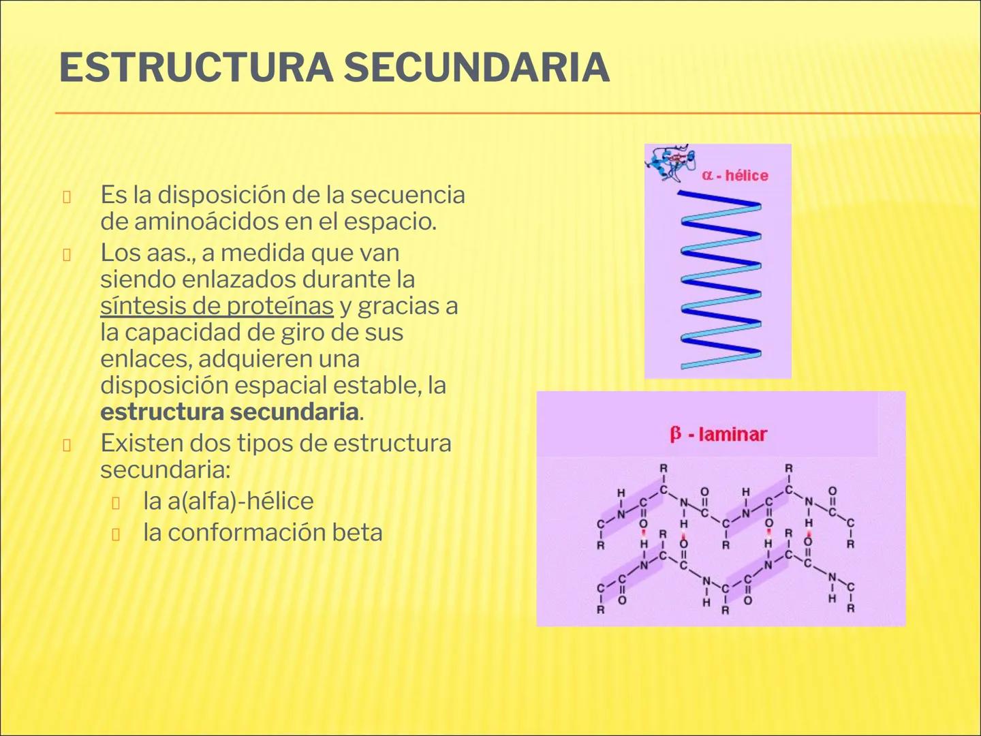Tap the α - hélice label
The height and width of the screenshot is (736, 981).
(735, 175)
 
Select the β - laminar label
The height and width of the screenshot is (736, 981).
(718, 434)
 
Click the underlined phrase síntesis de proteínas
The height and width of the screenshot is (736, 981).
(217, 306)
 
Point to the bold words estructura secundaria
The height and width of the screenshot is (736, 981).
(229, 412)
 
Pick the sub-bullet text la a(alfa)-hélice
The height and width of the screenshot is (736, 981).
(228, 501)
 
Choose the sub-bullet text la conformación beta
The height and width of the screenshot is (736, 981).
(262, 532)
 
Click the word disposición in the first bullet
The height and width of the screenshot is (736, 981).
(222, 195)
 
